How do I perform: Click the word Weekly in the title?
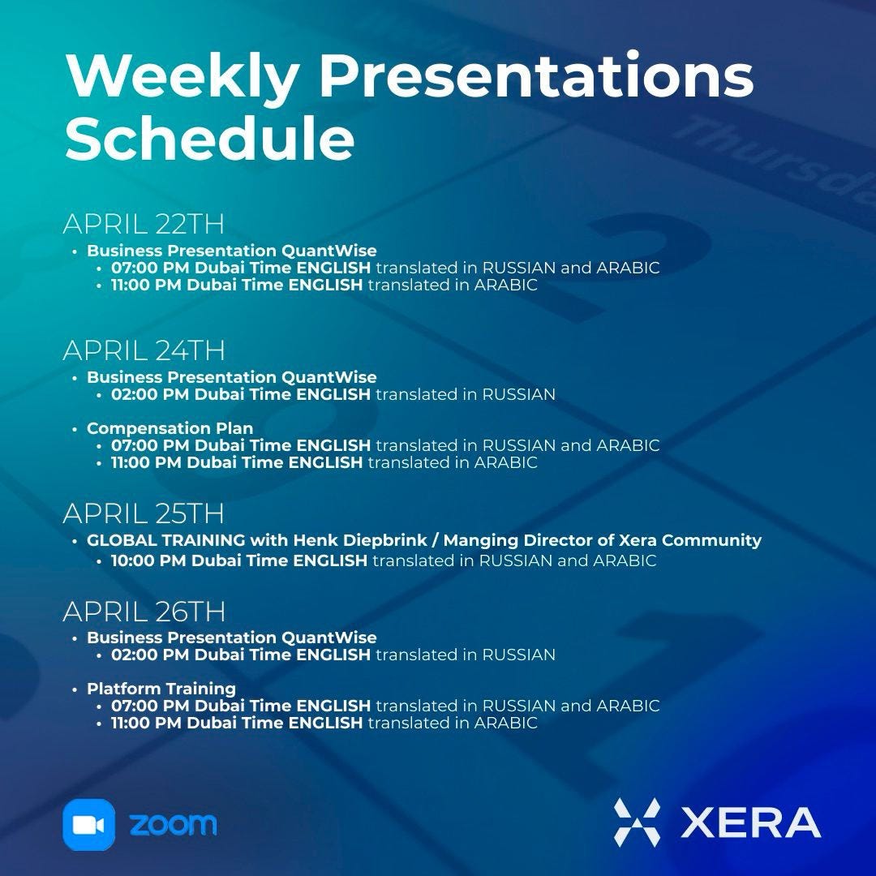[182, 77]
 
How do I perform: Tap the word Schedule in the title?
[209, 140]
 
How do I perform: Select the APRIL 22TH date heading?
[144, 224]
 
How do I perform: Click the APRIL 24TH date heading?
[144, 350]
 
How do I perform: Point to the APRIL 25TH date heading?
[144, 513]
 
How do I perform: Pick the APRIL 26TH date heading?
[144, 611]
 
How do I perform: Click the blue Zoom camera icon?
[89, 825]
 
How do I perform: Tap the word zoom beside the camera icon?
[173, 824]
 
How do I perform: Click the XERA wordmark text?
[750, 822]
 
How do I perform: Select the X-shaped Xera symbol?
[637, 822]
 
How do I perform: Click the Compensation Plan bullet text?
[170, 428]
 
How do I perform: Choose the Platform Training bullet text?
[161, 689]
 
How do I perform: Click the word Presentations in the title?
[535, 77]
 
